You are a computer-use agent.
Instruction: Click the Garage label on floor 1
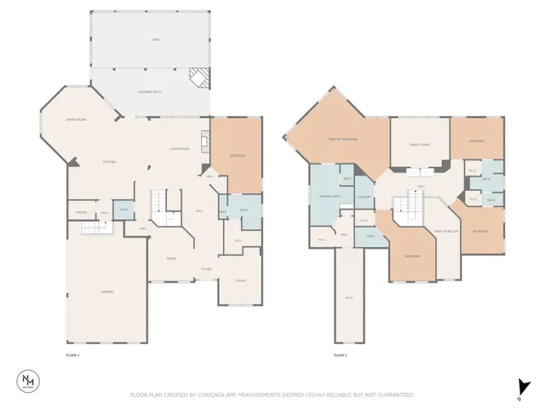[x=108, y=291]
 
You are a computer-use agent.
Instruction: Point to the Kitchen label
[x=109, y=161]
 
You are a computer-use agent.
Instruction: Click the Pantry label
[x=82, y=211]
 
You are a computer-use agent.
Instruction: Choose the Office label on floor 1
[x=241, y=281]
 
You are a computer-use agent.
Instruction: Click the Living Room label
[x=179, y=148]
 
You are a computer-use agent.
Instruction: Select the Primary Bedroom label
[x=342, y=139]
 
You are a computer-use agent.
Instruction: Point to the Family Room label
[x=418, y=145]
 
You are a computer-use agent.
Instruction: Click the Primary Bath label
[x=330, y=198]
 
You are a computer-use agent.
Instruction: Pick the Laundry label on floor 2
[x=364, y=199]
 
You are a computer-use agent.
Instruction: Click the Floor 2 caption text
[x=340, y=354]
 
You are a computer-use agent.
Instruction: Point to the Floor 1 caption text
[x=72, y=354]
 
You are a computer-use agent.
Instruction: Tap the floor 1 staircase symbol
[x=163, y=203]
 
